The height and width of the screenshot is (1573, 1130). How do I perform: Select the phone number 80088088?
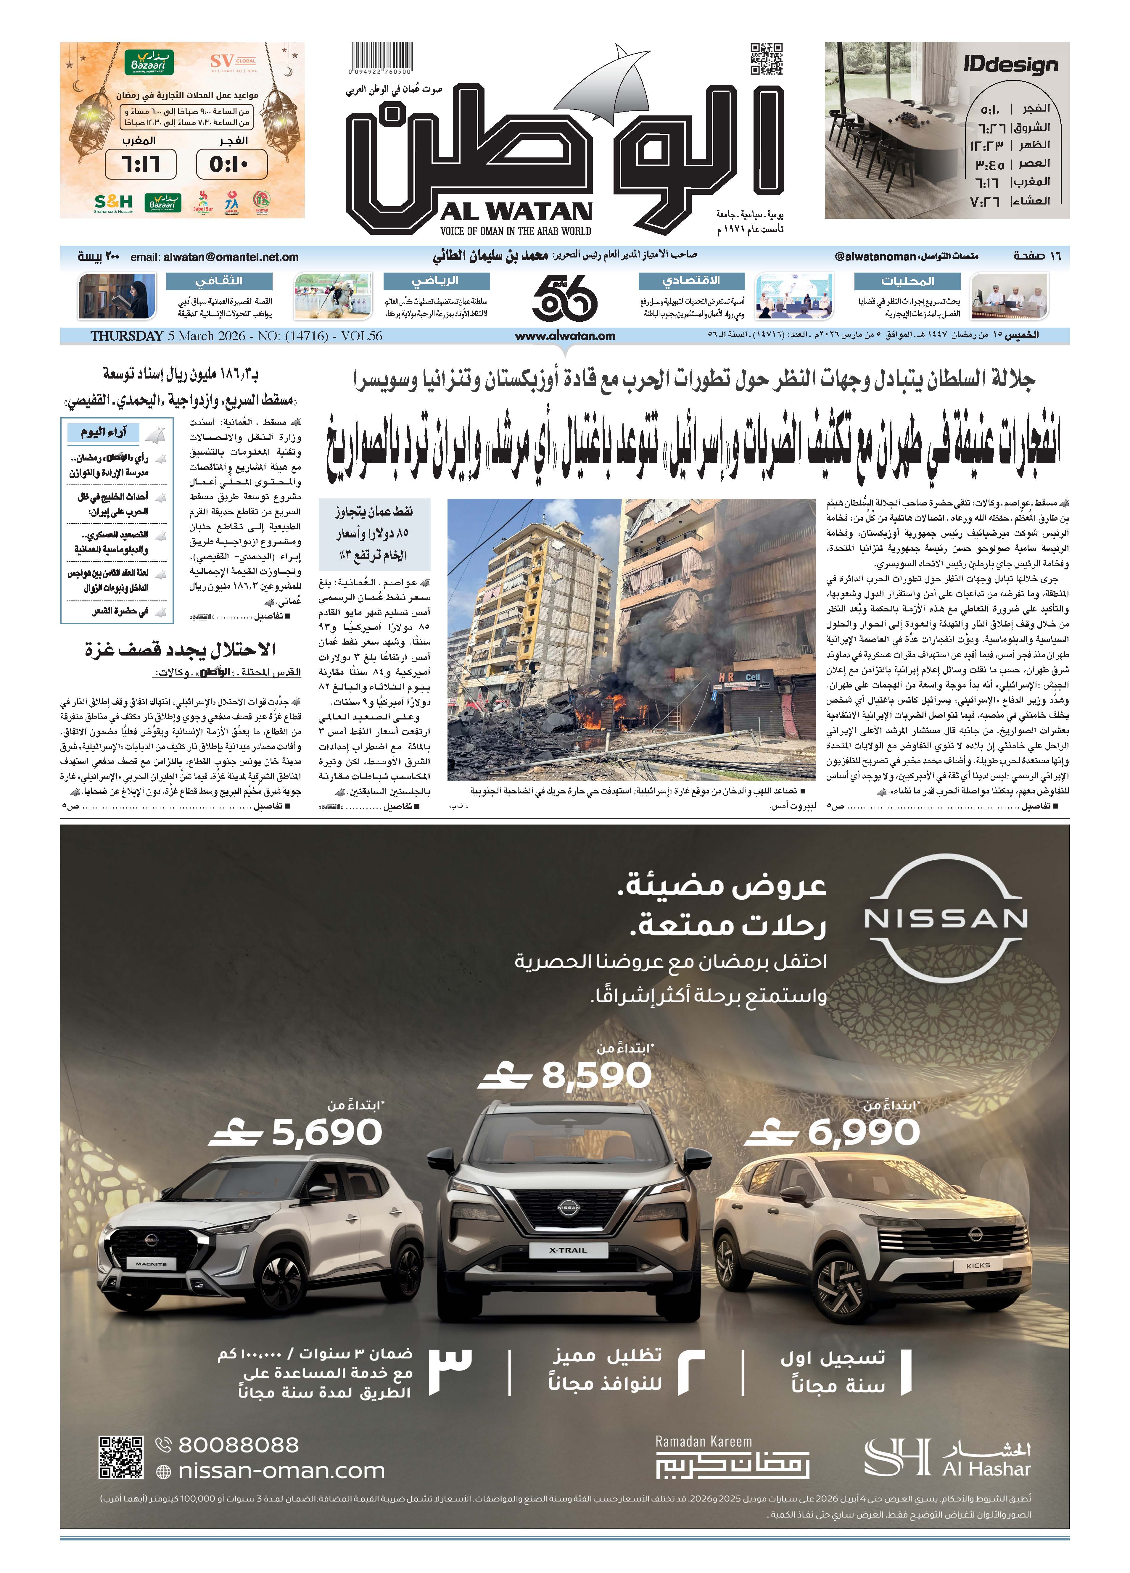(x=238, y=1445)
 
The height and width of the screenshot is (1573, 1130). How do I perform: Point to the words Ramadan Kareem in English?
(x=703, y=1441)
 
